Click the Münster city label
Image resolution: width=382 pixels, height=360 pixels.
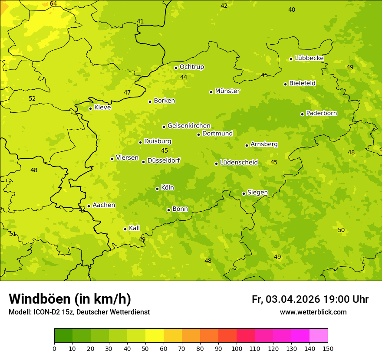pyautogui.click(x=227, y=91)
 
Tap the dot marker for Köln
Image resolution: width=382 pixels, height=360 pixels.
pyautogui.click(x=157, y=189)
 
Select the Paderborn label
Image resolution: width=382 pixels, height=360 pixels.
pyautogui.click(x=321, y=113)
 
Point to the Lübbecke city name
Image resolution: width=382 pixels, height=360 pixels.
pyautogui.click(x=309, y=58)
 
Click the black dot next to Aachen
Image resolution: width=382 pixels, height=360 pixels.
pyautogui.click(x=89, y=206)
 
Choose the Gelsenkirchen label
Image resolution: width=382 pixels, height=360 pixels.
pyautogui.click(x=189, y=126)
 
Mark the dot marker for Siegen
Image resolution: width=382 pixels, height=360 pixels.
pyautogui.click(x=244, y=193)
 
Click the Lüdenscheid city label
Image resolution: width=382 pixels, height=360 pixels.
pyautogui.click(x=239, y=163)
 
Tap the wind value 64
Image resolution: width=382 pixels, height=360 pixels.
pyautogui.click(x=53, y=3)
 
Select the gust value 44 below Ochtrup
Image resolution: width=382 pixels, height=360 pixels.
pyautogui.click(x=184, y=77)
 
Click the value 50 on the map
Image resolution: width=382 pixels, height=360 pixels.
pyautogui.click(x=341, y=230)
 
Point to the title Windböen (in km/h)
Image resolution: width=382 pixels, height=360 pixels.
pyautogui.click(x=70, y=299)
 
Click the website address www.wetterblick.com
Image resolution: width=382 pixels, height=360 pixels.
pyautogui.click(x=313, y=312)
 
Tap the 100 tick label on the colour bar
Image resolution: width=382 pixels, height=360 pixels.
pyautogui.click(x=237, y=348)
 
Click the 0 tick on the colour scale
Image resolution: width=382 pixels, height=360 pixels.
pyautogui.click(x=54, y=348)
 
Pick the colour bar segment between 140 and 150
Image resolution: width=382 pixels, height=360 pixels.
pyautogui.click(x=319, y=336)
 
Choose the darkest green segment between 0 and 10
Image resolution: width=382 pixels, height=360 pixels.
pyautogui.click(x=63, y=336)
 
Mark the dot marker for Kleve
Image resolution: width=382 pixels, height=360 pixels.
pyautogui.click(x=90, y=108)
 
